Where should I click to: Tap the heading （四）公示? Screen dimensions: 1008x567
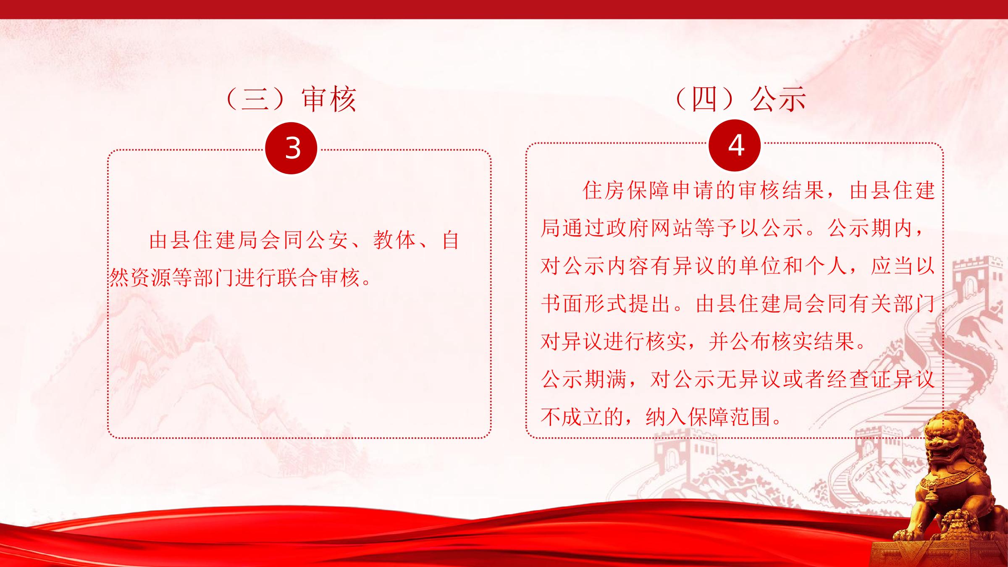[740, 100]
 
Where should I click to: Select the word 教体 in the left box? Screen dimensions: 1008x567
[394, 240]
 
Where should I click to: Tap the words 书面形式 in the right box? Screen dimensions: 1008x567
[584, 304]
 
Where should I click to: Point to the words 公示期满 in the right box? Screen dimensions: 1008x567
[584, 379]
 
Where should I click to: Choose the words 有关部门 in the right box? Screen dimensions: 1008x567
[891, 304]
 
